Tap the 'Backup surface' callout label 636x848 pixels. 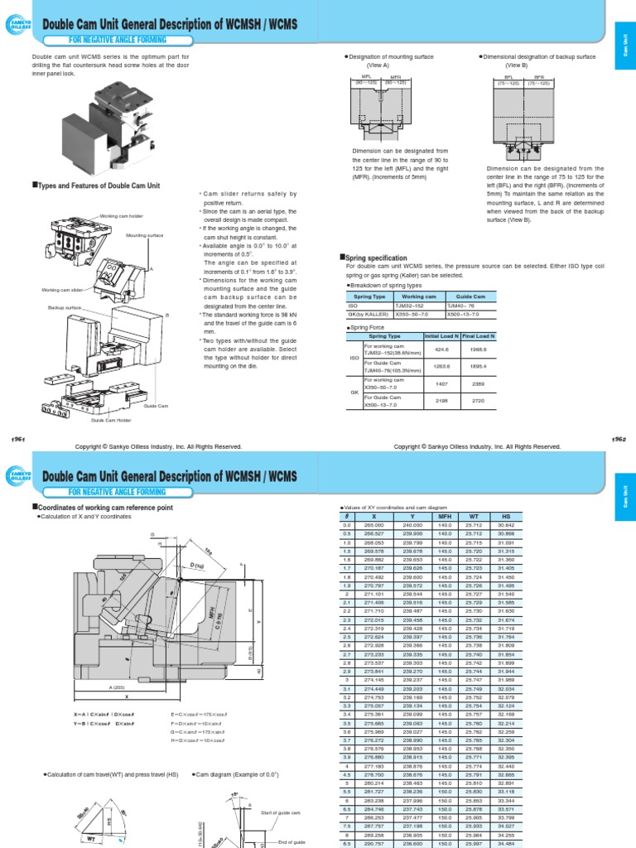[65, 307]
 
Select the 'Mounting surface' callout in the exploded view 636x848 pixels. [142, 235]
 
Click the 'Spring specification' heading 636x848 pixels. [375, 258]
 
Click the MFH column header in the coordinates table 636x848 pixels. [446, 516]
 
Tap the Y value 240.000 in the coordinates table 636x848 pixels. [412, 525]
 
